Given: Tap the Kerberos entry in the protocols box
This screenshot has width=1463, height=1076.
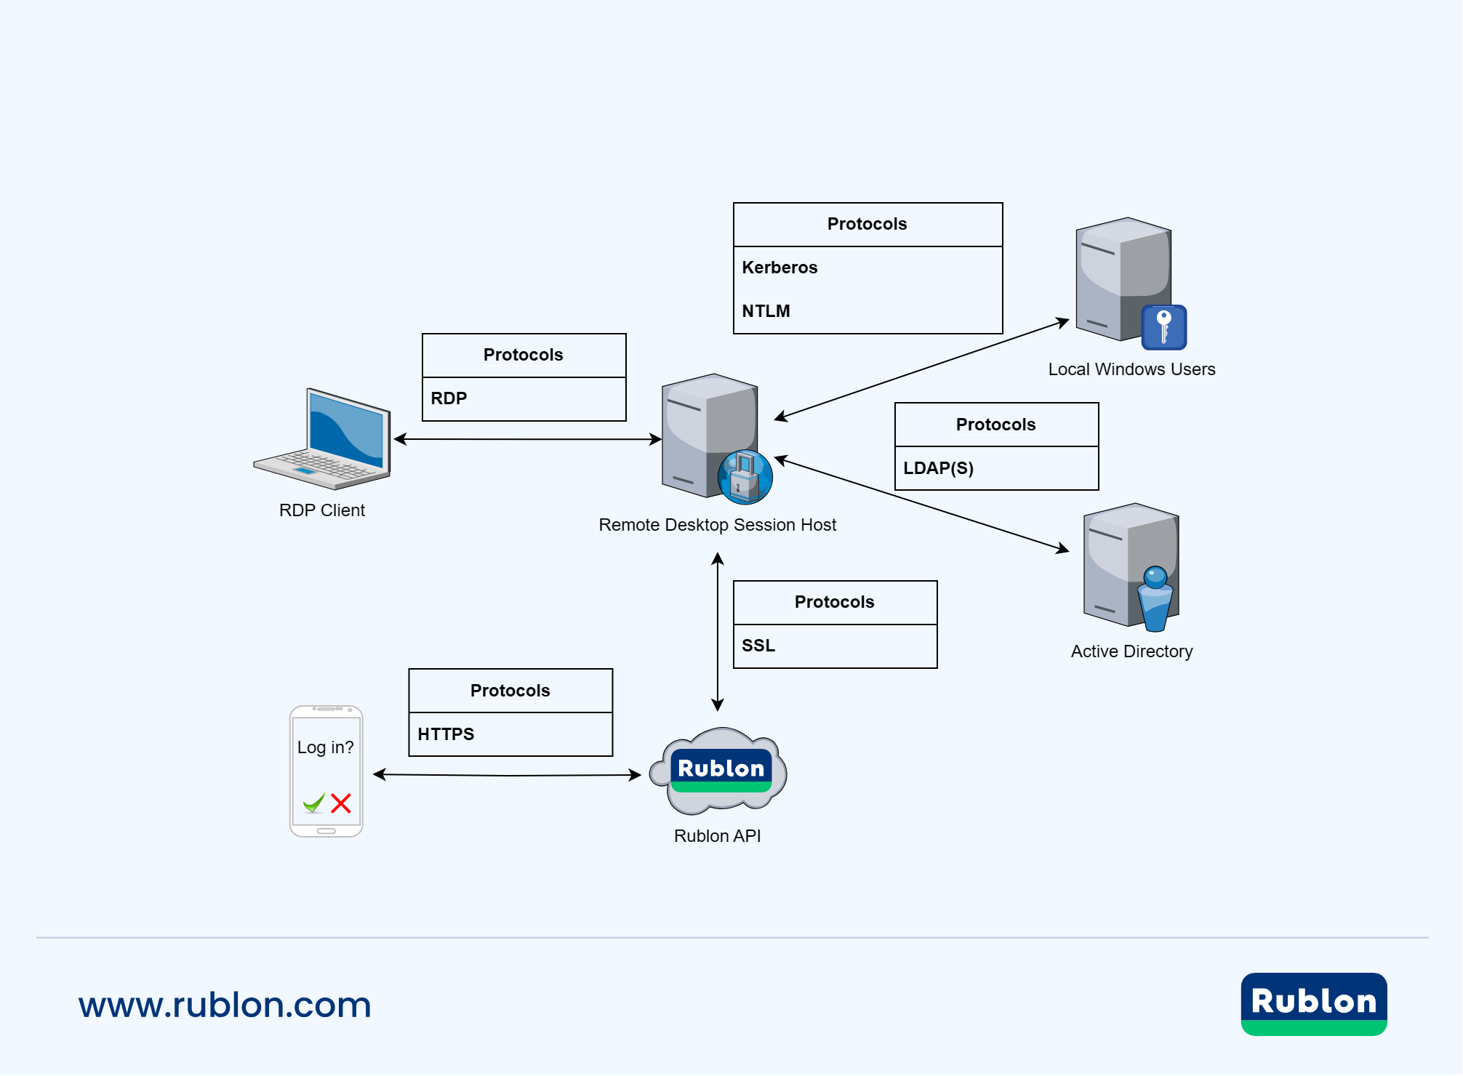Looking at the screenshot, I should pos(779,268).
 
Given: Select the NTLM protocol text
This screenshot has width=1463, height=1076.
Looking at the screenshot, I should pos(766,311).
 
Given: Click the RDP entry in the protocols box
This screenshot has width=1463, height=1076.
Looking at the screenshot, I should pos(449,398).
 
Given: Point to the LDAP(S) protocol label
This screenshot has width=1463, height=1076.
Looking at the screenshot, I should pos(938,468).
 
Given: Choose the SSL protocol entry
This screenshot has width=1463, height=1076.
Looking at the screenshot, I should pos(758,646).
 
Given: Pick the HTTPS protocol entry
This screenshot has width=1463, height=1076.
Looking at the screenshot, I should pos(446,734).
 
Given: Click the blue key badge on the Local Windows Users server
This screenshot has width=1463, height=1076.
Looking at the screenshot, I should pos(1163,327).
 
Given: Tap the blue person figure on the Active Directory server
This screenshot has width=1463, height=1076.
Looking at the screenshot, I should pos(1155,598).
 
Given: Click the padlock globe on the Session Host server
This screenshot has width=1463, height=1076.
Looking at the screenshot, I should pos(745,477).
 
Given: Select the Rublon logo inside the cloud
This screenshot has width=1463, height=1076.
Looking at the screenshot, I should pos(721,770).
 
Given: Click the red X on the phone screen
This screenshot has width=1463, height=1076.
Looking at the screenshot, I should pos(341,803).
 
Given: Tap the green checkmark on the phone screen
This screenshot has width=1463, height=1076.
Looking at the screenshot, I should pos(314,803).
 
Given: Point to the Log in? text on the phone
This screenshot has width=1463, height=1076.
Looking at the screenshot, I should pos(325,747).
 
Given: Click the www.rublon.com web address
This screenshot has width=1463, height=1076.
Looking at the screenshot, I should pos(225,1005).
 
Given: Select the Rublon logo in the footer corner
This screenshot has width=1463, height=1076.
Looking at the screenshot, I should pos(1313,1003).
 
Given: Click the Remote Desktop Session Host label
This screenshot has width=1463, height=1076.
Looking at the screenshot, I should pos(717,525).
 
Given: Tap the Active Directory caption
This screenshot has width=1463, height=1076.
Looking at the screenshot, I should pos(1131,651).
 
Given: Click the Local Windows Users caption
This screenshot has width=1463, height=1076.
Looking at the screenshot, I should pos(1131,369).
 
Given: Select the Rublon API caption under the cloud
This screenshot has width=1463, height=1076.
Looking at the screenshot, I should pos(717,836).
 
